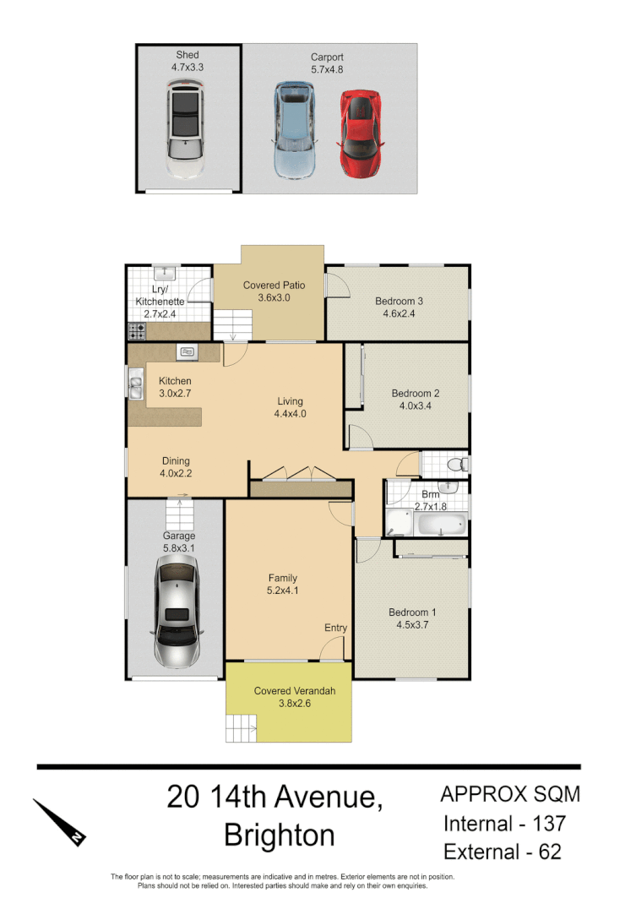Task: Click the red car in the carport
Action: click(x=359, y=134)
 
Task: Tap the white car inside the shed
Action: click(x=185, y=128)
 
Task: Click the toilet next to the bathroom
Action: click(x=456, y=464)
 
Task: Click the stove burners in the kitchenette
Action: click(x=135, y=332)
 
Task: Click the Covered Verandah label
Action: click(x=295, y=691)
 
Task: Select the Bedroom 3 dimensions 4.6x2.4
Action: click(x=400, y=313)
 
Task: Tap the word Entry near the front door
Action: click(x=335, y=628)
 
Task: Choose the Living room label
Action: click(x=289, y=401)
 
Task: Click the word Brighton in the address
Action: click(x=280, y=835)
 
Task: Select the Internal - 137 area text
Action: click(x=504, y=823)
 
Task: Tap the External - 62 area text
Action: click(x=503, y=852)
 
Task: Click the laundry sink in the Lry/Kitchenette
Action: click(x=165, y=273)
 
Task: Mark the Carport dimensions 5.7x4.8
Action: click(x=327, y=70)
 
